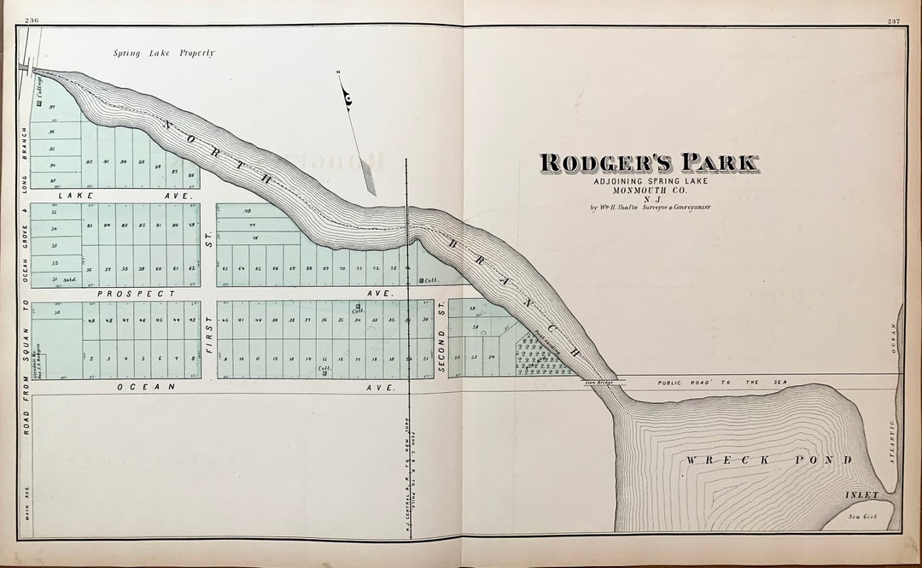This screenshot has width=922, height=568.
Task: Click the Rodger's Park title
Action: coord(648,162)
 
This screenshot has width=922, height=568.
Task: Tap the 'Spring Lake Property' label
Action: coord(164,53)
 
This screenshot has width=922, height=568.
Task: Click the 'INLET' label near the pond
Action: coord(861,495)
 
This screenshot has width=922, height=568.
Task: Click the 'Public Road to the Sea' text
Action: coord(722,384)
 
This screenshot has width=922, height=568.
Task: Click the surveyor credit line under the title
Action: coord(650,208)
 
